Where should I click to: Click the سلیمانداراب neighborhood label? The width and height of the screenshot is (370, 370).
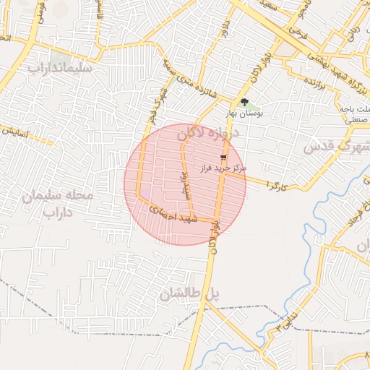[x=61, y=69]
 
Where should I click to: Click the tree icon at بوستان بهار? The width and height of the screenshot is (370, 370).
[x=244, y=102]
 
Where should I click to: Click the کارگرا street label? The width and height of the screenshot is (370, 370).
[x=276, y=186]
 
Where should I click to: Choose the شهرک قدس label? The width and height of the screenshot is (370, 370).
[x=336, y=145]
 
